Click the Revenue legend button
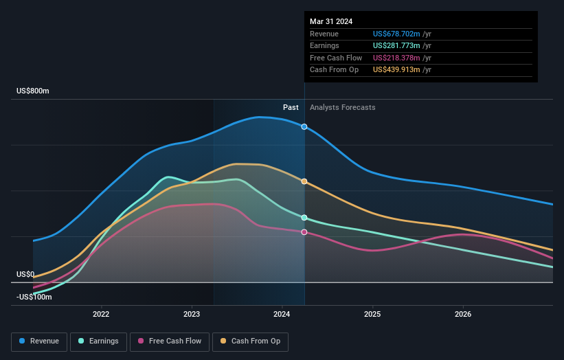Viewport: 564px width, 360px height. (38, 341)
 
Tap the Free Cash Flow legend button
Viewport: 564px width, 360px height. (170, 341)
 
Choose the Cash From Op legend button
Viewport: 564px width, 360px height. (251, 341)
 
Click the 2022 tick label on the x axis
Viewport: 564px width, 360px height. (101, 315)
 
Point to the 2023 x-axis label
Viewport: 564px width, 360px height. (192, 315)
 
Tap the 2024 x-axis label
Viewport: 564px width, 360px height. (282, 315)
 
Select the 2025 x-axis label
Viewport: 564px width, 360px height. (372, 315)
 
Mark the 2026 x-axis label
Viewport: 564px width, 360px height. (463, 315)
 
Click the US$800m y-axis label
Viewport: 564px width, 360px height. (33, 91)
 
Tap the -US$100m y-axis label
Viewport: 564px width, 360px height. (34, 297)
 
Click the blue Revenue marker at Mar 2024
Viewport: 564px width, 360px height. (304, 127)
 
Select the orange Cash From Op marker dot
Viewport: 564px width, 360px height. (304, 181)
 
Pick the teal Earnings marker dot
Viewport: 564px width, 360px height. (304, 218)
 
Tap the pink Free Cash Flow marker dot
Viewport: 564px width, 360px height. (304, 232)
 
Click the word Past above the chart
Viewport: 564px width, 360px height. (291, 107)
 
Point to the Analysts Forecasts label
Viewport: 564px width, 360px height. (343, 107)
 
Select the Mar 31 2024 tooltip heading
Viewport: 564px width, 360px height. (331, 21)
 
